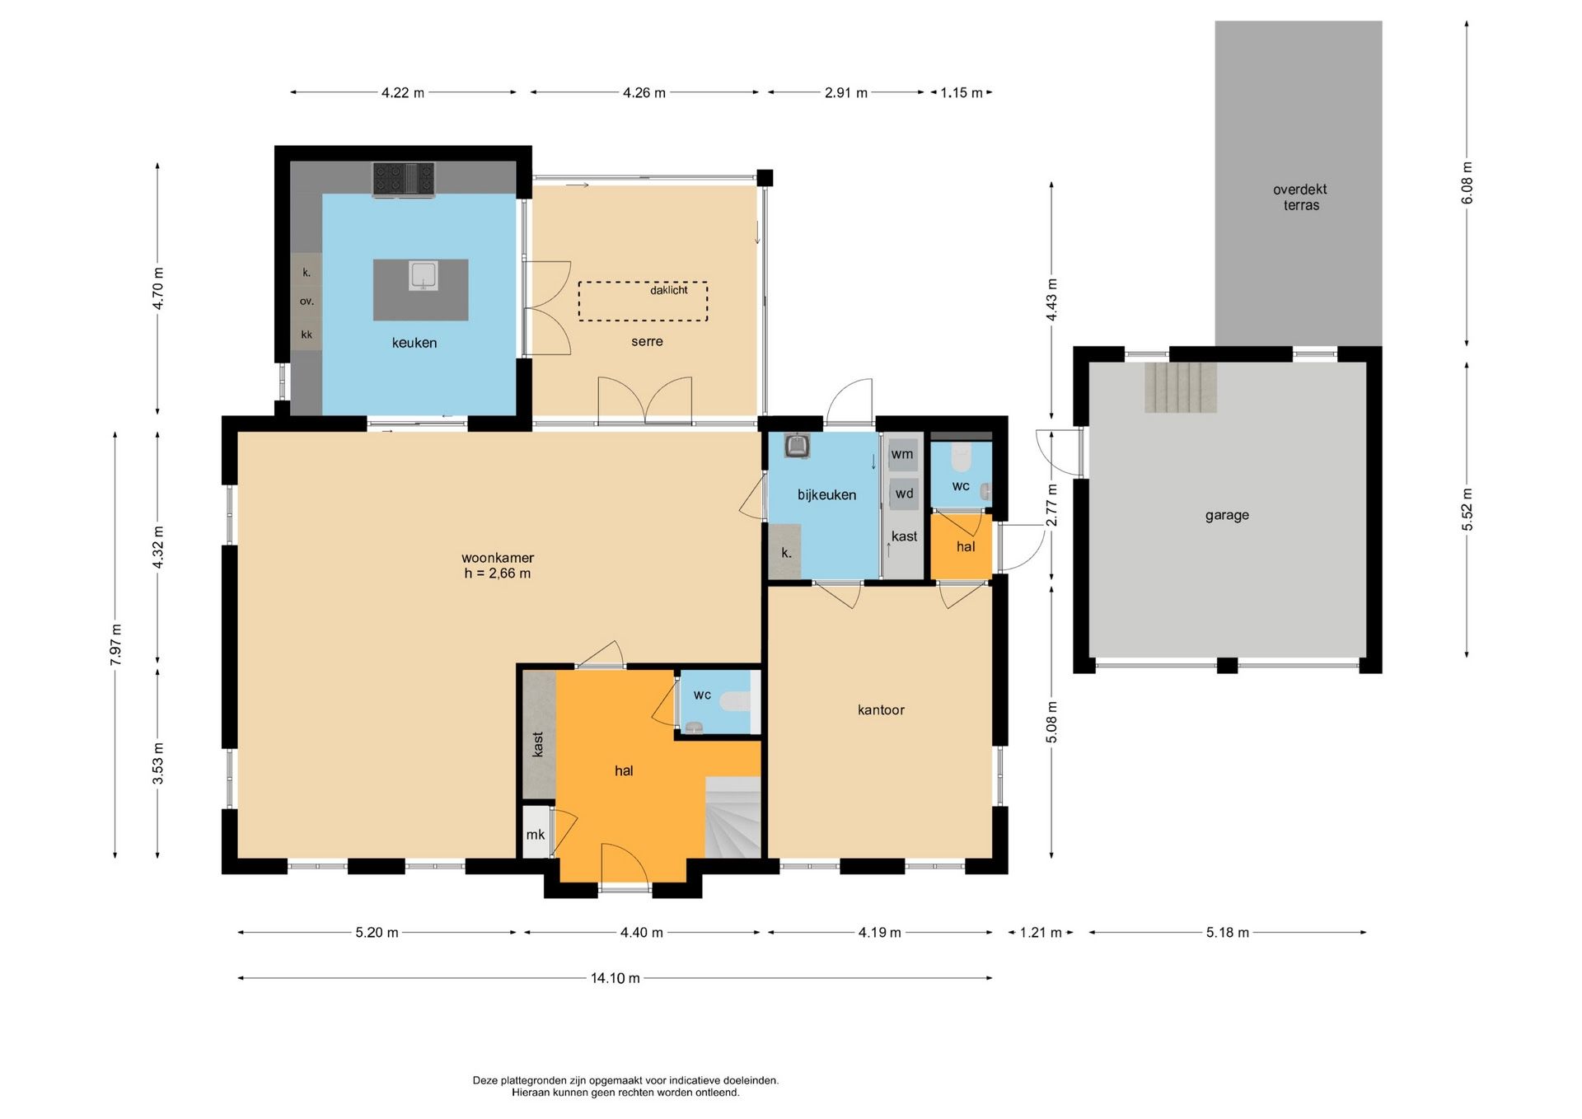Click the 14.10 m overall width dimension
[x=615, y=978]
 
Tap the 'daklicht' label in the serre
[x=668, y=290]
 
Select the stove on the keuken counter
[x=404, y=180]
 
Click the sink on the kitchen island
[x=423, y=276]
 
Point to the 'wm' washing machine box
[x=902, y=455]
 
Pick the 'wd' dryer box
[x=904, y=494]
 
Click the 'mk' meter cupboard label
[x=536, y=835]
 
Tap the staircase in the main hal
[x=732, y=817]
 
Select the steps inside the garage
[x=1180, y=387]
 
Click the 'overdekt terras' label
[x=1300, y=197]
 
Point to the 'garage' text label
[x=1227, y=515]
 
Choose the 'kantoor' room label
[x=881, y=709]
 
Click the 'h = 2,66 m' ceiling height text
[x=497, y=574]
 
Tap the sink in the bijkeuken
[x=797, y=446]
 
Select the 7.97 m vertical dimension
[x=115, y=644]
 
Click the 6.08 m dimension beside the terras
[x=1467, y=183]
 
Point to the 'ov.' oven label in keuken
[x=307, y=302]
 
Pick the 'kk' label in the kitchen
[x=307, y=335]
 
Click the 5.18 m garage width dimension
[x=1227, y=933]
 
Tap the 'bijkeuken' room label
[x=826, y=495]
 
